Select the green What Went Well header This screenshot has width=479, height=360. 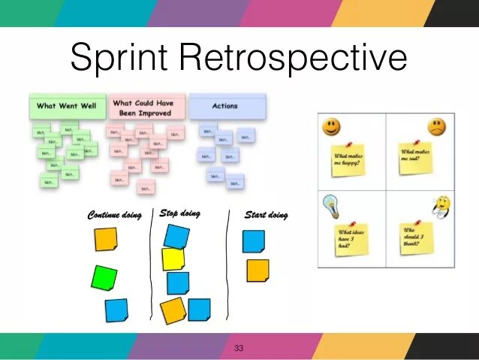[x=68, y=106]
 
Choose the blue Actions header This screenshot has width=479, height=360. [x=226, y=106]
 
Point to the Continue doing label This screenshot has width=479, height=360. [x=114, y=216]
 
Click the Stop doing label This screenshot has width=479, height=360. [x=180, y=213]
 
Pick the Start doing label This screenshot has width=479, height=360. [x=266, y=216]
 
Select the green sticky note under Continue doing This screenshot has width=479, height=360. [x=104, y=277]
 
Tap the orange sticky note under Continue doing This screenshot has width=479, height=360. [x=106, y=240]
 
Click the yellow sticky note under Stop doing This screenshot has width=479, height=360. [x=173, y=259]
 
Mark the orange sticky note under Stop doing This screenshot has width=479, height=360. [x=173, y=310]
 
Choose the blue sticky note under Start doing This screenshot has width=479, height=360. [x=254, y=241]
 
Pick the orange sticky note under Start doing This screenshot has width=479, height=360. [x=258, y=271]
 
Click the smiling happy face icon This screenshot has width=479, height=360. [x=330, y=126]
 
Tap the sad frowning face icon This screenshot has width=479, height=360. [x=435, y=126]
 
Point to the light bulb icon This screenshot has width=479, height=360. [x=329, y=204]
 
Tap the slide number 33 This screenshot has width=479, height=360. [x=239, y=348]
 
